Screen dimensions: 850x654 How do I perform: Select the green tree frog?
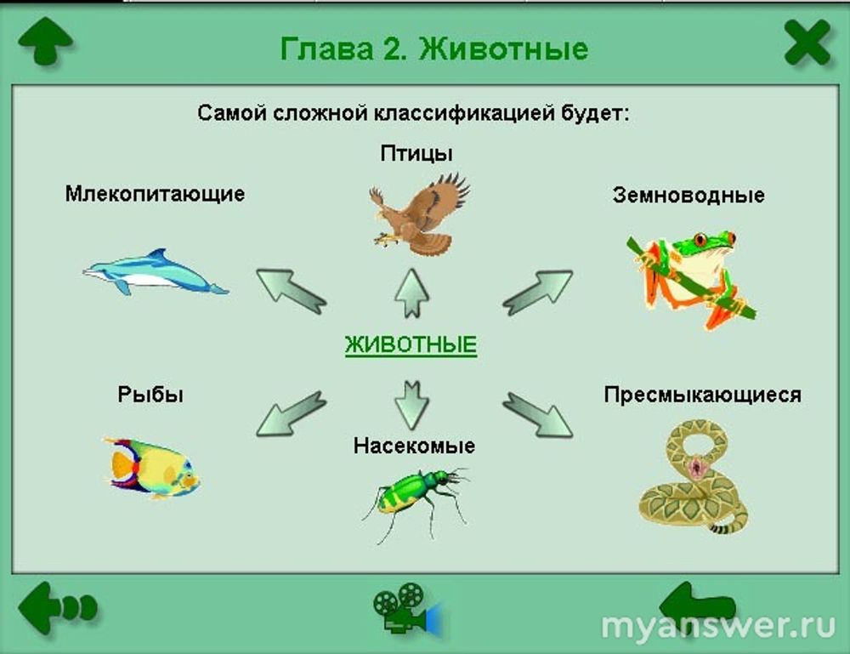click(x=688, y=279)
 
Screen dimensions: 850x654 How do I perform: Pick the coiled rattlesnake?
click(x=694, y=478)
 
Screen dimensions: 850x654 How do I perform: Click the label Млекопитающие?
click(x=155, y=194)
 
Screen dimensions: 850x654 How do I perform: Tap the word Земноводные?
click(x=688, y=196)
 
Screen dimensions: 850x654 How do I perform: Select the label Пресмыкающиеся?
click(x=703, y=395)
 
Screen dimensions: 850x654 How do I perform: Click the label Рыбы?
click(x=150, y=395)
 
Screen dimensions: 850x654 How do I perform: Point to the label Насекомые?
click(x=414, y=446)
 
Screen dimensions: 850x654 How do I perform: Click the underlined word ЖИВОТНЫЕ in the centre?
click(x=411, y=345)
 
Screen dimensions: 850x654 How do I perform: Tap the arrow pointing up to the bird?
click(x=412, y=293)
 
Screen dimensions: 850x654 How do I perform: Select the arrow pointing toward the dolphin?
click(x=291, y=291)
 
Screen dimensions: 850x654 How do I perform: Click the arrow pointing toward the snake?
click(x=537, y=415)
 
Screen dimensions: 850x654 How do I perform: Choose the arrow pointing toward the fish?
click(x=291, y=414)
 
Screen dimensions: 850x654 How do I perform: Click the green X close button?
click(x=807, y=43)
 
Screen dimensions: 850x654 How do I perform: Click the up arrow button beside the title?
click(x=46, y=41)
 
